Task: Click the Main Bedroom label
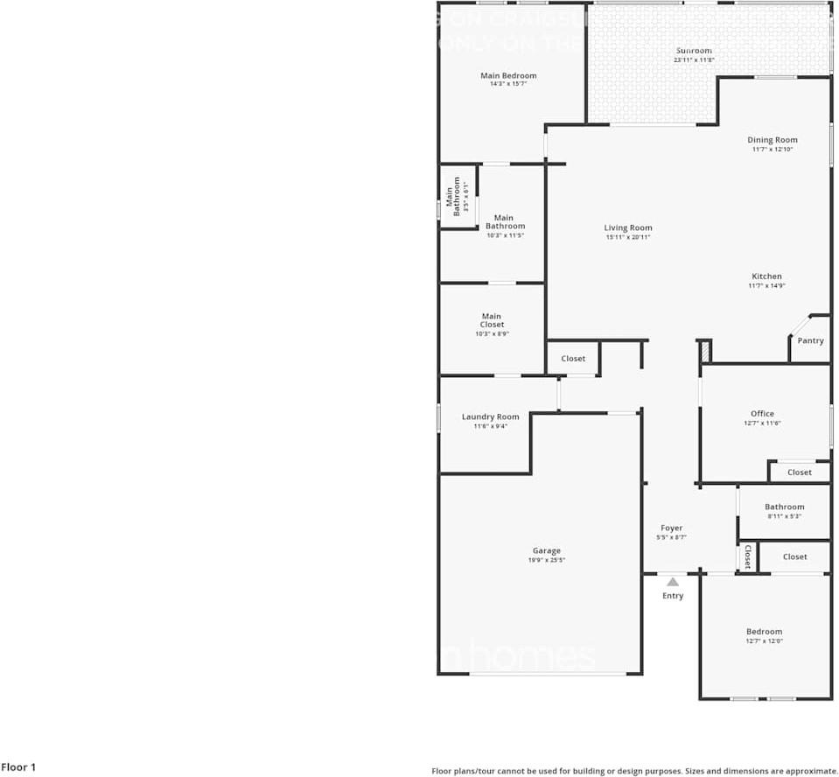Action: click(x=508, y=76)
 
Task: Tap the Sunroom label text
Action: click(x=694, y=51)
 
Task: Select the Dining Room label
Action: click(x=773, y=140)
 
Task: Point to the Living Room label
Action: click(x=628, y=228)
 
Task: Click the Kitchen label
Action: click(x=766, y=276)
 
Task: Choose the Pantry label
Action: click(x=811, y=340)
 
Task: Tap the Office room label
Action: click(x=762, y=414)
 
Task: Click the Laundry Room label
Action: click(x=490, y=417)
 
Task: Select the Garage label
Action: click(x=546, y=551)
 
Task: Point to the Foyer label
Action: click(x=671, y=528)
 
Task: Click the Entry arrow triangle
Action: click(x=672, y=581)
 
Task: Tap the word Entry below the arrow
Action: click(x=673, y=596)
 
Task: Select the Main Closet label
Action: click(x=492, y=320)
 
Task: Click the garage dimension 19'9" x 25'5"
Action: click(x=546, y=560)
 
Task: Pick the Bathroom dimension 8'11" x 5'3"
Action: click(x=784, y=516)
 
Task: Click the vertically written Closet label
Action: click(x=747, y=556)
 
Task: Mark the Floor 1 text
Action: click(x=18, y=767)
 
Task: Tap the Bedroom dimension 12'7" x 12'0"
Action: click(x=764, y=640)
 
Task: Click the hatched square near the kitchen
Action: click(x=704, y=350)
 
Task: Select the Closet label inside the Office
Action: click(x=800, y=472)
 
